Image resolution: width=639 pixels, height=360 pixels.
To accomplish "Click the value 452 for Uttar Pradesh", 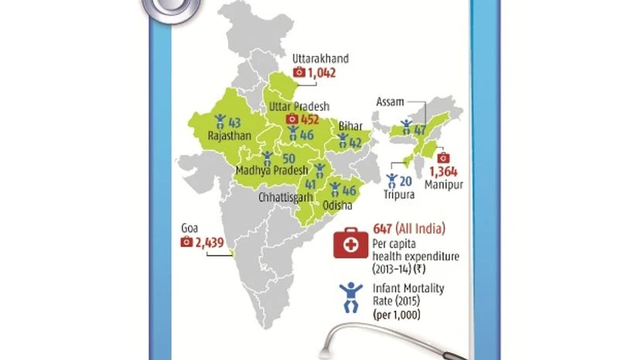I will (310, 119).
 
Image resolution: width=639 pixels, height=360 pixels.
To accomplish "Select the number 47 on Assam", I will (420, 129).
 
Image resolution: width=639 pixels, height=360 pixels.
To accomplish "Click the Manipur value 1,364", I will (445, 170).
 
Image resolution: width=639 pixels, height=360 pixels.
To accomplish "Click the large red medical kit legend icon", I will (350, 243).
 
